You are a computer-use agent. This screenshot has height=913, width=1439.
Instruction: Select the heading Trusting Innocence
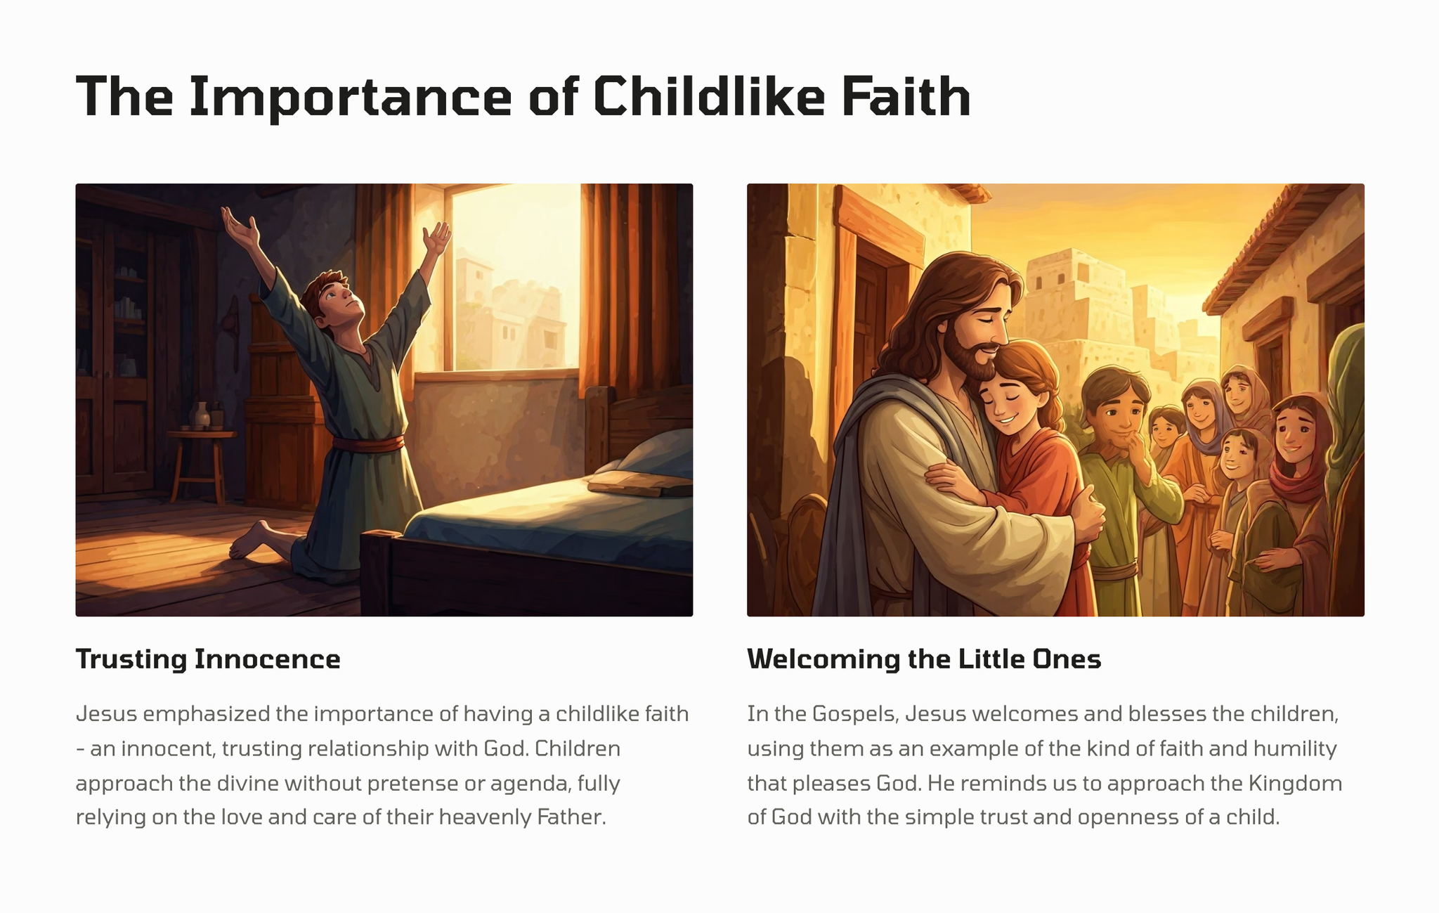pyautogui.click(x=208, y=659)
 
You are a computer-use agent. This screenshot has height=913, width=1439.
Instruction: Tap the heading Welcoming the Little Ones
pyautogui.click(x=924, y=659)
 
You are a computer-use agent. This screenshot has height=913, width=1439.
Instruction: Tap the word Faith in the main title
pyautogui.click(x=906, y=96)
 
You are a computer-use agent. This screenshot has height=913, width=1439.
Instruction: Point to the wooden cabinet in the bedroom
pyautogui.click(x=116, y=351)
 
